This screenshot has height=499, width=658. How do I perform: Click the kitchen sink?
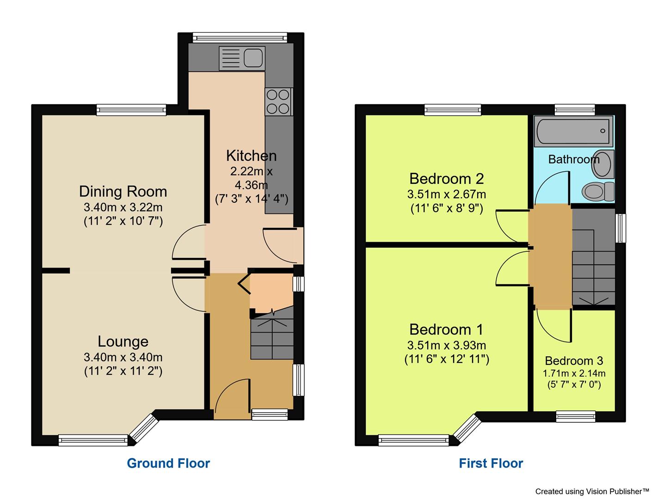pos(242,58)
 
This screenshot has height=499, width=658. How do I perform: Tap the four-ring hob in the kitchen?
pos(278,102)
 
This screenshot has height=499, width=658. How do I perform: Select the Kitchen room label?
pos(251,156)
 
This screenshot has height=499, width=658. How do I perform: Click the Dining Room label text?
pos(123,191)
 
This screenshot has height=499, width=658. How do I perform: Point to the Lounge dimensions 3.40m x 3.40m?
pos(123,357)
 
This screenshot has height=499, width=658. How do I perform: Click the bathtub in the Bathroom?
pos(573,131)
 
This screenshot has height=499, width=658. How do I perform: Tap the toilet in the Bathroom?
pos(598,190)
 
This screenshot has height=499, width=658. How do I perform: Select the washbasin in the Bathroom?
pos(603,164)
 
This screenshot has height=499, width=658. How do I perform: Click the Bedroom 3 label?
pos(574,361)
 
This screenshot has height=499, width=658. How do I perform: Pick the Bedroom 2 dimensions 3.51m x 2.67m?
pos(447,195)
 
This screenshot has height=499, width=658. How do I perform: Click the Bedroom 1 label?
pos(446,329)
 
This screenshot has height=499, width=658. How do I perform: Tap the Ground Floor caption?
pos(168,463)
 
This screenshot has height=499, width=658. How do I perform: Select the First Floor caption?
pos(491,463)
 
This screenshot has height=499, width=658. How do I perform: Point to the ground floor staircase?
pos(272,337)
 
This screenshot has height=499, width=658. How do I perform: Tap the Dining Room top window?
pos(131,110)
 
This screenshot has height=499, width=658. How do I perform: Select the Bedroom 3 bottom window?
pos(576,416)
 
